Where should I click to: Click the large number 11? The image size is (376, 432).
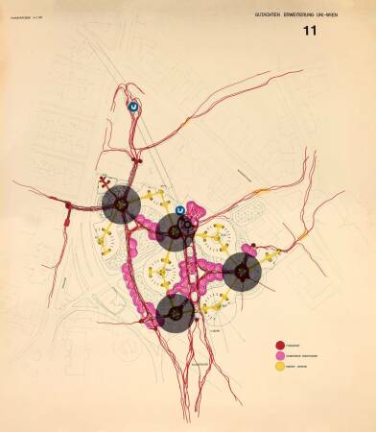click(x=309, y=31)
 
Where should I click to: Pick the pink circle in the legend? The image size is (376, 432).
click(x=277, y=352)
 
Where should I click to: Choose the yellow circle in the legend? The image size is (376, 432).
click(x=277, y=366)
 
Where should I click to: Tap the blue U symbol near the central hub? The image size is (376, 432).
click(x=179, y=210)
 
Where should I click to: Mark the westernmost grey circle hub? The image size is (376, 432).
click(x=121, y=204)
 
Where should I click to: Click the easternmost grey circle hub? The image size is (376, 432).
click(x=242, y=272)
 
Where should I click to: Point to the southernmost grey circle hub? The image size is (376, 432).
click(x=175, y=313)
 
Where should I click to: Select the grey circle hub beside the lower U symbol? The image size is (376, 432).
click(x=174, y=231)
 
